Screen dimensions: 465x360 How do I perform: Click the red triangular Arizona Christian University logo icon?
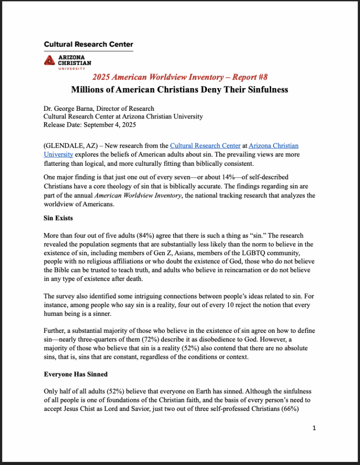(x=50, y=60)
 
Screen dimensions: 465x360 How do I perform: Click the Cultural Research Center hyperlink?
(x=205, y=146)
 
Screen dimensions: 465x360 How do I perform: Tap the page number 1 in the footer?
(x=314, y=427)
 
